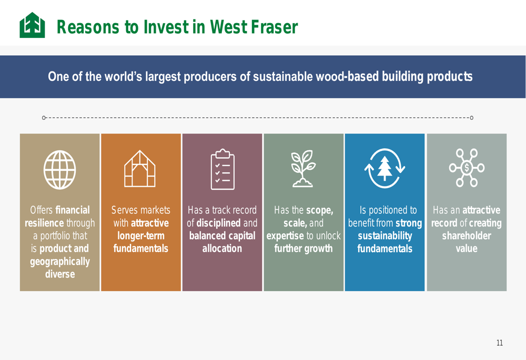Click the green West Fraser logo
click(32, 25)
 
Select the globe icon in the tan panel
click(60, 170)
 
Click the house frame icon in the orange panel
click(140, 169)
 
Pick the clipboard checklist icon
click(222, 169)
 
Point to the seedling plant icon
click(303, 168)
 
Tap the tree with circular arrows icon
click(385, 168)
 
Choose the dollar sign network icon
click(467, 168)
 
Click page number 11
click(500, 343)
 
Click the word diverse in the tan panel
click(60, 274)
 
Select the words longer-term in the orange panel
click(141, 236)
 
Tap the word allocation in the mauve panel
click(222, 249)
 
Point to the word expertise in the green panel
click(285, 236)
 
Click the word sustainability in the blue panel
click(385, 236)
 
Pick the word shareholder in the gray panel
click(466, 235)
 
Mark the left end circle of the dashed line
click(44, 118)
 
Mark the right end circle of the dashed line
click(472, 118)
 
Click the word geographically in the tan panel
click(60, 261)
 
